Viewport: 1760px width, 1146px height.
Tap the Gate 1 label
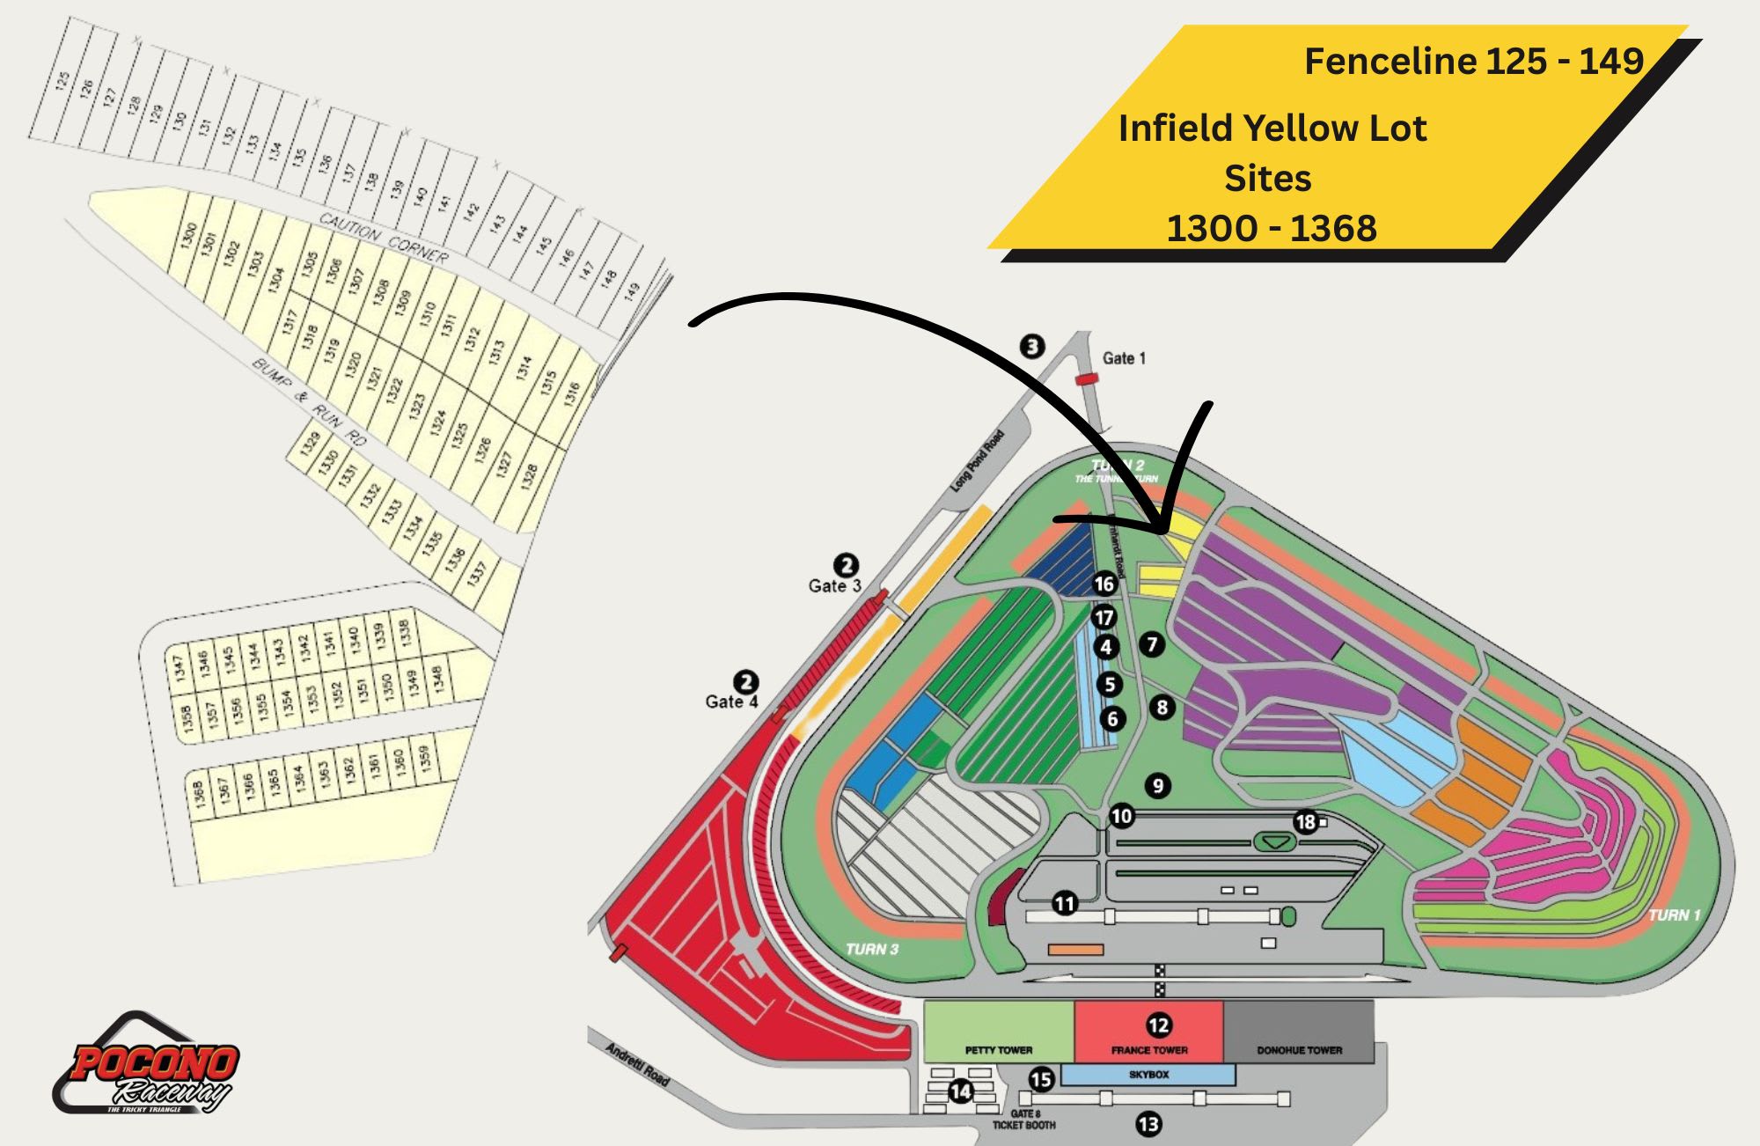pos(1124,358)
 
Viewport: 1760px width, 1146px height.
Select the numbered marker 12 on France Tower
pos(1158,1025)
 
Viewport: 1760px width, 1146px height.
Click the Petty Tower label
pos(999,1050)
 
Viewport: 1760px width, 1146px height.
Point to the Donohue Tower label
pos(1299,1050)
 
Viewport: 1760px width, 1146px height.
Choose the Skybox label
pos(1148,1075)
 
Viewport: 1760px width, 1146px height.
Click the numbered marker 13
pos(1148,1124)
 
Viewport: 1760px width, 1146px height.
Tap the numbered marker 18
pos(1305,822)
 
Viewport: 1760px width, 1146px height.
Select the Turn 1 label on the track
pos(1674,915)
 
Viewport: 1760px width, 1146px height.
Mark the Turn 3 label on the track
pos(871,949)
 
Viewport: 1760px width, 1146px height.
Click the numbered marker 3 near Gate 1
pos(1032,347)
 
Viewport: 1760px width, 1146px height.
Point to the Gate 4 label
pos(730,702)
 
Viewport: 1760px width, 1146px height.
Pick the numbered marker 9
pos(1158,786)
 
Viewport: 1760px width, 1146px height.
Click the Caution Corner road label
pos(384,238)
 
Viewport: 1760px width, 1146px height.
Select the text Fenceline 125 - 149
pos(1474,62)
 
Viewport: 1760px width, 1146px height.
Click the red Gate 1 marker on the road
pos(1088,379)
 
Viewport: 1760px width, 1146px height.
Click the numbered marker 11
pos(1065,903)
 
